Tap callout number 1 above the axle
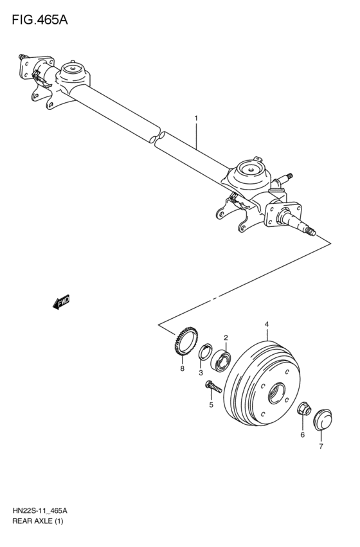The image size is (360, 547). click(x=196, y=118)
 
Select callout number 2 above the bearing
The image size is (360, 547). click(x=226, y=337)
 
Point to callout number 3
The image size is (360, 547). click(x=201, y=372)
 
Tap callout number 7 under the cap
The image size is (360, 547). click(x=321, y=445)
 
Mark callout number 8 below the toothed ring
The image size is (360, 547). click(x=182, y=369)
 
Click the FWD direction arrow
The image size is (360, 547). click(x=62, y=302)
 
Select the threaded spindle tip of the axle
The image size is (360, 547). click(x=312, y=229)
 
